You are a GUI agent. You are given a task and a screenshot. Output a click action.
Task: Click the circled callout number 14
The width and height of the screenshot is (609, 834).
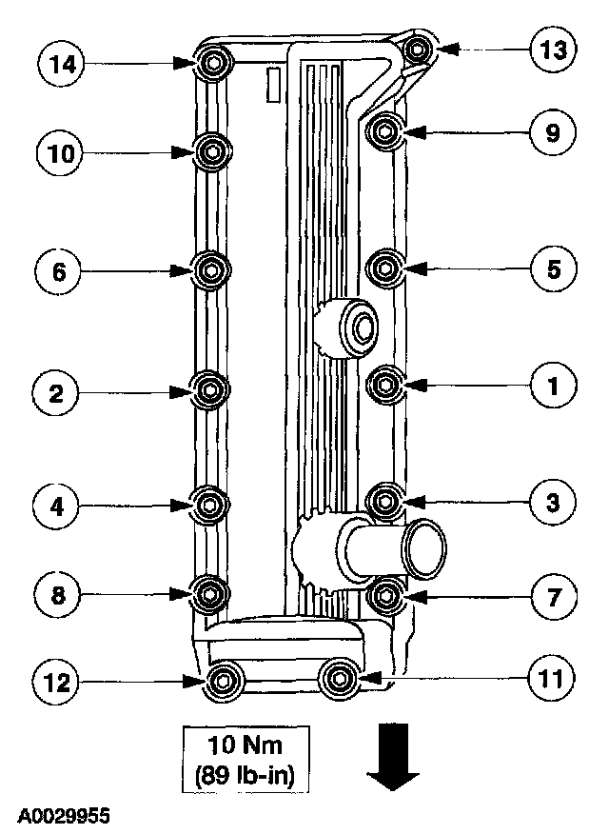[x=61, y=65]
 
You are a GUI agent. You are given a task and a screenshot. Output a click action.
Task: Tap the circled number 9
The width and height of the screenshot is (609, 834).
[x=553, y=132]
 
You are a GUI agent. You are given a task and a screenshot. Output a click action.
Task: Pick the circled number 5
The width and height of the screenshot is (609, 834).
[x=553, y=269]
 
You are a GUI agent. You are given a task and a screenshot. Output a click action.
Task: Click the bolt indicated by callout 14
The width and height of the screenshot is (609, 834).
[x=212, y=65]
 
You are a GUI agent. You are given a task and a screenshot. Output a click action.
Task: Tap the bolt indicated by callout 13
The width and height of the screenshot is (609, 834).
[x=415, y=47]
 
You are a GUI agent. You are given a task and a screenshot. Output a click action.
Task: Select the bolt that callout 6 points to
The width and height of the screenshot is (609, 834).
[x=209, y=270]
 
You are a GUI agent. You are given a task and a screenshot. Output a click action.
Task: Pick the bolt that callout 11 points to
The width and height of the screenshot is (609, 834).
[x=337, y=679]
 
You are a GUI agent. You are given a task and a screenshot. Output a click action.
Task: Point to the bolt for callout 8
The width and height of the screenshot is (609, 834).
[x=209, y=594]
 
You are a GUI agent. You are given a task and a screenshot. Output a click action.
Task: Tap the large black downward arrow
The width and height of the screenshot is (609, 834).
[x=391, y=757]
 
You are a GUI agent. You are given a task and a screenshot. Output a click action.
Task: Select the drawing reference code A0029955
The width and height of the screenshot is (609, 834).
[x=63, y=817]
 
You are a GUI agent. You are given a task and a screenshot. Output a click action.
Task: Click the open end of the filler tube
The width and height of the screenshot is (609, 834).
[x=423, y=548]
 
